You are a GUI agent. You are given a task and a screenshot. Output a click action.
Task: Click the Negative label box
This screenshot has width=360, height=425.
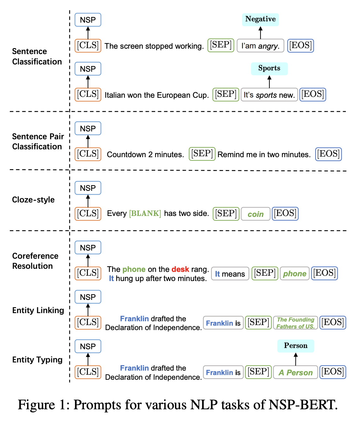pyautogui.click(x=260, y=19)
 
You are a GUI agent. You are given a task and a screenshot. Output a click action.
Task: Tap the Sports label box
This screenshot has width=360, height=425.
pyautogui.click(x=269, y=69)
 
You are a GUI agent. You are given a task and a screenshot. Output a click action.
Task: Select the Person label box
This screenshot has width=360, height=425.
pyautogui.click(x=295, y=346)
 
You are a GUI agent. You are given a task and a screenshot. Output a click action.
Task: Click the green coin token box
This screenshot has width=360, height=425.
pyautogui.click(x=256, y=214)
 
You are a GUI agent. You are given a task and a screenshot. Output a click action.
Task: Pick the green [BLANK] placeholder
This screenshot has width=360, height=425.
pyautogui.click(x=145, y=213)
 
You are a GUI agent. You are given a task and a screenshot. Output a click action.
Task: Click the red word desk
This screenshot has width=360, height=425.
pyautogui.click(x=180, y=269)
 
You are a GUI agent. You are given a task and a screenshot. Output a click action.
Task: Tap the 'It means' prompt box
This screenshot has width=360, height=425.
pyautogui.click(x=230, y=274)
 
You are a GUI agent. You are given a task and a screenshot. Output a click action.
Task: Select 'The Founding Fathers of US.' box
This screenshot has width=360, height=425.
pyautogui.click(x=295, y=323)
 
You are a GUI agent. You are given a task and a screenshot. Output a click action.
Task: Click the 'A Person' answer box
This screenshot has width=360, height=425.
pyautogui.click(x=295, y=373)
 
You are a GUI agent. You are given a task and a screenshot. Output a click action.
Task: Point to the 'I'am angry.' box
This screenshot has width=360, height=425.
pyautogui.click(x=260, y=46)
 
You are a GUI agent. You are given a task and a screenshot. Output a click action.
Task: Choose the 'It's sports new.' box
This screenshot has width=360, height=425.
pyautogui.click(x=269, y=95)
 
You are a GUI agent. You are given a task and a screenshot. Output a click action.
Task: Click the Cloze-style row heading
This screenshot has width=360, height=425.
pyautogui.click(x=33, y=200)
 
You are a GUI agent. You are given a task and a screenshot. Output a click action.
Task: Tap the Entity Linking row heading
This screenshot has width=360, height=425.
pyautogui.click(x=38, y=310)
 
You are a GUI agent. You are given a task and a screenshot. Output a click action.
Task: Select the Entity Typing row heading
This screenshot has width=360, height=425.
pyautogui.click(x=37, y=360)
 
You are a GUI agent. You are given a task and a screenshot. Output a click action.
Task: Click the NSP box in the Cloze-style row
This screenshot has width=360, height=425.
pyautogui.click(x=88, y=188)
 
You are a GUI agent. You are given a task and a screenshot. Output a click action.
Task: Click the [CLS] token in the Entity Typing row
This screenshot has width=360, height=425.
pyautogui.click(x=88, y=372)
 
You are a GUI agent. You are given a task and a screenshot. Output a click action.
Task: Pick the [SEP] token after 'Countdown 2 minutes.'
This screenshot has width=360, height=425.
pyautogui.click(x=202, y=154)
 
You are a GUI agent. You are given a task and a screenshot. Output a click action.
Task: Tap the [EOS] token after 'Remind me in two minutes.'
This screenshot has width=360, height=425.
pyautogui.click(x=329, y=154)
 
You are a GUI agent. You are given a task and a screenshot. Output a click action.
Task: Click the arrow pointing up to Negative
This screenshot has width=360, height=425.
pyautogui.click(x=260, y=33)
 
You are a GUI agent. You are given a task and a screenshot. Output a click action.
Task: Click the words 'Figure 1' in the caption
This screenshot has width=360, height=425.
pyautogui.click(x=43, y=405)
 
